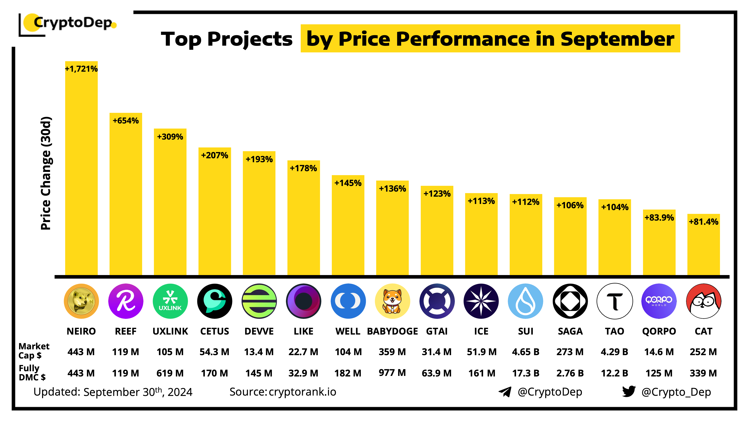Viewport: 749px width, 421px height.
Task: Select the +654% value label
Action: pyautogui.click(x=126, y=120)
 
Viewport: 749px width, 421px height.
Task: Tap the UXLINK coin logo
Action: pyautogui.click(x=170, y=301)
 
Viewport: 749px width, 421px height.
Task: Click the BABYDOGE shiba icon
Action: pyautogui.click(x=392, y=301)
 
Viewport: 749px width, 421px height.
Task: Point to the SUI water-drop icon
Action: pyautogui.click(x=525, y=301)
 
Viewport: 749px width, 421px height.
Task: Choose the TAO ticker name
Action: pyautogui.click(x=614, y=331)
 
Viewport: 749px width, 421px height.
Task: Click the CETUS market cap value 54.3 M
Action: pyautogui.click(x=214, y=352)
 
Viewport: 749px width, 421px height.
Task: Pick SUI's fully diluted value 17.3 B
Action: pyautogui.click(x=525, y=373)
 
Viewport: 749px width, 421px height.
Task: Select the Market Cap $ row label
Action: pyautogui.click(x=34, y=351)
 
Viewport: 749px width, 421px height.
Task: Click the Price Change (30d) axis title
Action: pyautogui.click(x=46, y=173)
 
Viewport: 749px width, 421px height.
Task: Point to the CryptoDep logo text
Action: pyautogui.click(x=73, y=23)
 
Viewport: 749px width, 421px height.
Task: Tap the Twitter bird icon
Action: pyautogui.click(x=629, y=392)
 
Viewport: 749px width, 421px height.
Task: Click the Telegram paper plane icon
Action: pyautogui.click(x=505, y=392)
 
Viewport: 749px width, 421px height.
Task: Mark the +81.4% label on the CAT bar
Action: pyautogui.click(x=703, y=222)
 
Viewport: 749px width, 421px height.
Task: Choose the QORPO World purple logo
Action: pyautogui.click(x=659, y=301)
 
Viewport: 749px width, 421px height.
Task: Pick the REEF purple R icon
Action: pyautogui.click(x=126, y=301)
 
